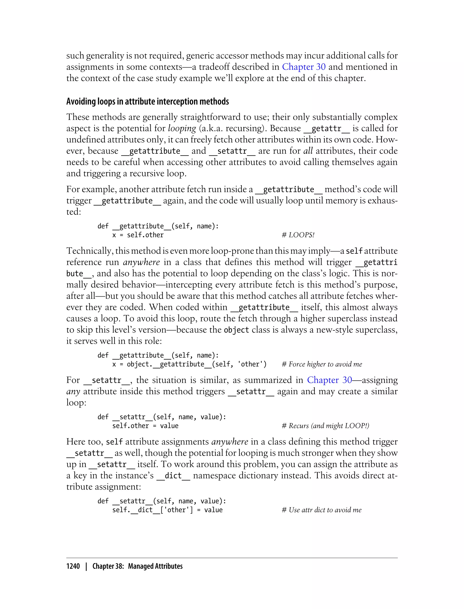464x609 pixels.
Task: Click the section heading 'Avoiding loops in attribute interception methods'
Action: [x=147, y=102]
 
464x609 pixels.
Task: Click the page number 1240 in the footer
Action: [x=73, y=566]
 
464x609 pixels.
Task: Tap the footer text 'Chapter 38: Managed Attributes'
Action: [x=137, y=566]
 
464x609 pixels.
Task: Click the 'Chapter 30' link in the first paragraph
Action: [x=304, y=67]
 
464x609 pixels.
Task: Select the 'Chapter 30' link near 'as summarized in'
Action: [x=329, y=380]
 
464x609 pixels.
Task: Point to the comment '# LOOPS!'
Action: [x=298, y=235]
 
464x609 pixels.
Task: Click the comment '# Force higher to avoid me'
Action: [x=322, y=364]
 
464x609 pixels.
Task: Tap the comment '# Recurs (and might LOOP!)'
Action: [x=325, y=426]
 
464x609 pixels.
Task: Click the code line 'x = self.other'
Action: [x=138, y=235]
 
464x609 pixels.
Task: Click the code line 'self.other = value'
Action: [x=145, y=426]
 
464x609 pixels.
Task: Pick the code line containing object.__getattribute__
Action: [x=189, y=364]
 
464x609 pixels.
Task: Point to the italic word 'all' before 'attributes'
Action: [x=308, y=151]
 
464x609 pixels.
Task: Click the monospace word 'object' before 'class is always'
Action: [x=237, y=330]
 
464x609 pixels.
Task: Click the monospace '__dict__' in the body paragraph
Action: [x=173, y=476]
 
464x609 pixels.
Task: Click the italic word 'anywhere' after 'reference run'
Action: [x=141, y=262]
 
